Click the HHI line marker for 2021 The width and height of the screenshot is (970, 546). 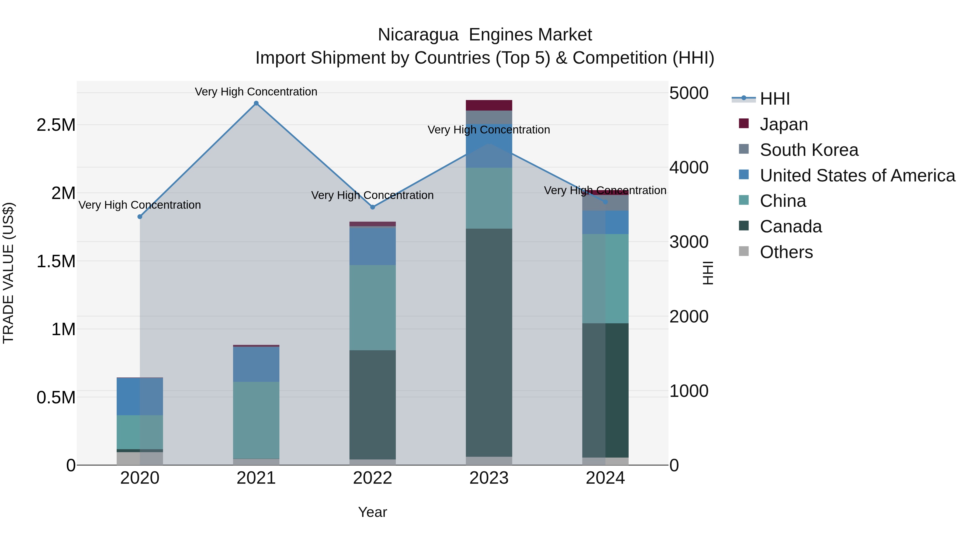tap(256, 103)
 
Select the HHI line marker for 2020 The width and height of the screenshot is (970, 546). tap(140, 217)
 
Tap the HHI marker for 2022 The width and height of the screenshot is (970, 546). tap(372, 207)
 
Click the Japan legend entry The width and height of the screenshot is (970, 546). tap(784, 124)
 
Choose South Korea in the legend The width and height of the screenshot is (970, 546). tap(809, 150)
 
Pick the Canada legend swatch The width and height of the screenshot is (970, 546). tap(744, 226)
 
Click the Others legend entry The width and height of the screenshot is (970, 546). tap(786, 252)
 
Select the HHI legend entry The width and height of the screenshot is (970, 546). tap(775, 99)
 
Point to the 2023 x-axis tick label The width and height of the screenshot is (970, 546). tap(489, 478)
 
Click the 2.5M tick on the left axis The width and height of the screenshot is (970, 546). tap(56, 125)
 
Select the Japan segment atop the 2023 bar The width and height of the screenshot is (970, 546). tap(489, 105)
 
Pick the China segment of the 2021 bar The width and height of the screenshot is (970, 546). tap(256, 420)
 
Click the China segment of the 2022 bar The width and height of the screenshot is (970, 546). tap(372, 307)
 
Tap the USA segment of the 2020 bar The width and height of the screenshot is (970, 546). tap(140, 396)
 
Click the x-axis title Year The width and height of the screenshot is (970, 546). tap(372, 512)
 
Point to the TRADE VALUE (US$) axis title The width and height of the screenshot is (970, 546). tap(8, 273)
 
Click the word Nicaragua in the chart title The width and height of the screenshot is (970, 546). tap(418, 35)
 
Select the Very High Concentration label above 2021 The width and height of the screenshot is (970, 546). tap(256, 92)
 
